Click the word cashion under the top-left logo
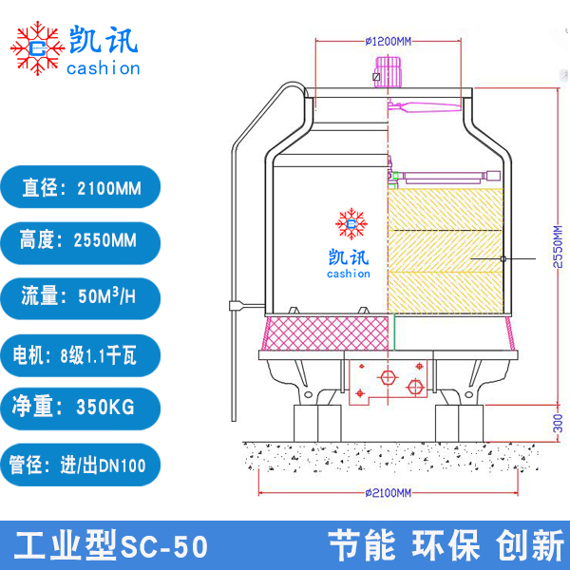[x=104, y=68]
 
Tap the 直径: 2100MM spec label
[x=81, y=188]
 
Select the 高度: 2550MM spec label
[x=81, y=241]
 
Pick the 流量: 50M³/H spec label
[x=81, y=297]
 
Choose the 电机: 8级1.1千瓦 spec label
[x=81, y=355]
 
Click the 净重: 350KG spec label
[x=81, y=408]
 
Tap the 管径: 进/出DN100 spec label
[x=81, y=465]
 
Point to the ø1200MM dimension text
[x=388, y=42]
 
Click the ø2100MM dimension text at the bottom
[x=388, y=493]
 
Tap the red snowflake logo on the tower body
[x=351, y=225]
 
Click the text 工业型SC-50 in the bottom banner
[x=112, y=546]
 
